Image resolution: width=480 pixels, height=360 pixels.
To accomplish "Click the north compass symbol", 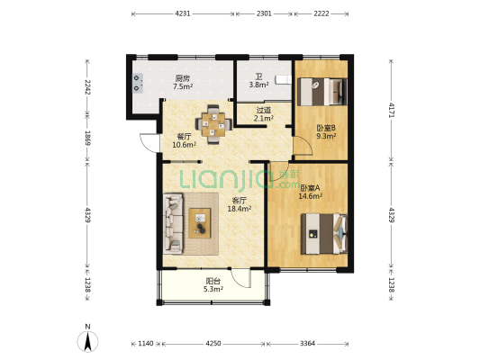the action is coord(87,339).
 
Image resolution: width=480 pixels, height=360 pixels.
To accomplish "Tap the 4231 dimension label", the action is coord(183,13).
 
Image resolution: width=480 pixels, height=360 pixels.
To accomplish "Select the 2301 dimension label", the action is coord(264,13).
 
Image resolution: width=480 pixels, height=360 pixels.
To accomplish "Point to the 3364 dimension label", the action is coord(307,344).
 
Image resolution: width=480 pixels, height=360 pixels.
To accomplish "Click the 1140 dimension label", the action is coord(145,344).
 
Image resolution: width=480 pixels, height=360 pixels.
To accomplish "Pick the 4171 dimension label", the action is coord(392,111).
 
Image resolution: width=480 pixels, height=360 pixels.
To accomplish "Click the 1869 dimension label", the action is coord(87,139).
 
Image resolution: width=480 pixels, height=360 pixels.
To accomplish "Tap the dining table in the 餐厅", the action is coord(213,124).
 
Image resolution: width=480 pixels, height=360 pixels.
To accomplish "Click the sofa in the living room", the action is coord(173,223).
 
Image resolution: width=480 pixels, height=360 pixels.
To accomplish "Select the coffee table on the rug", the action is coord(200,223).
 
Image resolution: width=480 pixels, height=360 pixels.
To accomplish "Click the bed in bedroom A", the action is coord(324,234).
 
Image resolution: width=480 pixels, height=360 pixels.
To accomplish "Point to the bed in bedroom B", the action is coord(322,92).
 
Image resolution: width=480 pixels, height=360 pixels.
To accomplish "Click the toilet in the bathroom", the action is coord(283,79).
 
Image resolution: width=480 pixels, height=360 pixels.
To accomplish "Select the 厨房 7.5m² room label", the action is coord(183,82).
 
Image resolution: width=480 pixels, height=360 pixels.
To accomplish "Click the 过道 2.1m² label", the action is coord(264,113).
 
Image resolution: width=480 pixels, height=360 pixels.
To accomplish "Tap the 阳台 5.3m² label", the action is coord(213,284).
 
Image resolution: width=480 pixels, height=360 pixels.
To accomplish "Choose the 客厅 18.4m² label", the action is coord(240,204).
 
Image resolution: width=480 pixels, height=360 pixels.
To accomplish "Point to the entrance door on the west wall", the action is coord(149,143).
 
